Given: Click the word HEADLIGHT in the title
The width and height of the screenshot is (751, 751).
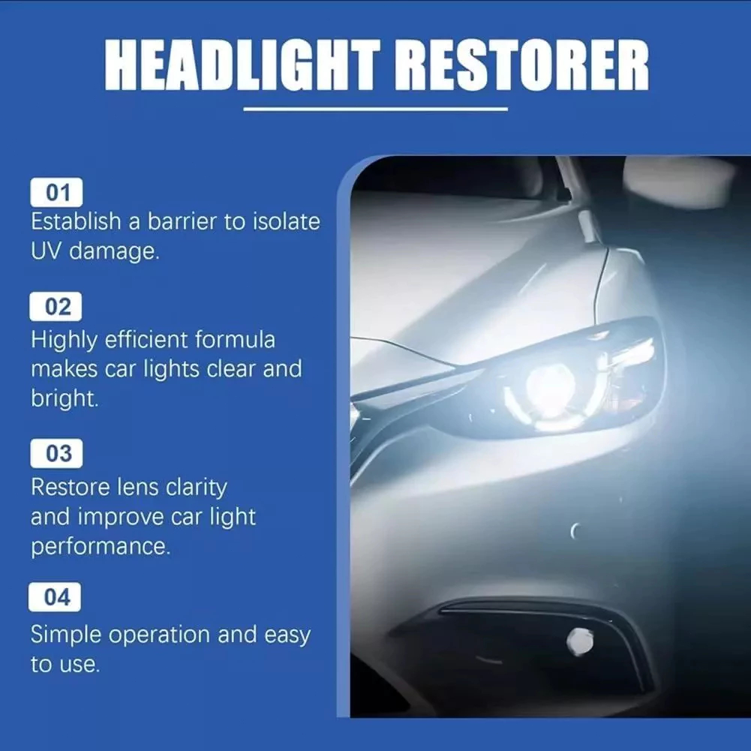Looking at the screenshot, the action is click(242, 65).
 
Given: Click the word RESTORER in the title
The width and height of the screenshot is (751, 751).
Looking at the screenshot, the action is click(521, 65).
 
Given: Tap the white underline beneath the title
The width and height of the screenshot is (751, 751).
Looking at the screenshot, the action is click(375, 110).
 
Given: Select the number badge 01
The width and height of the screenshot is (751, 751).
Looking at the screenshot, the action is click(56, 193).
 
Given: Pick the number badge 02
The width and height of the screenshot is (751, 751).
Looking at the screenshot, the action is click(56, 307).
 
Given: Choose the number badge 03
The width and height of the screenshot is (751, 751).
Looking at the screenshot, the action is click(56, 453).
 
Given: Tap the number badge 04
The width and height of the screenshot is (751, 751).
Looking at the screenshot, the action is click(55, 596).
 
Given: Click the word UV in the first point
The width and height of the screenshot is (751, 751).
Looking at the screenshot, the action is click(46, 251).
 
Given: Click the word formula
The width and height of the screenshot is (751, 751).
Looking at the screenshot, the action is click(235, 340).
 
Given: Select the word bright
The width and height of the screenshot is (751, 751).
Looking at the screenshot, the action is click(65, 399).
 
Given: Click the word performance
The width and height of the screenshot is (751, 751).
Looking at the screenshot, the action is click(101, 547).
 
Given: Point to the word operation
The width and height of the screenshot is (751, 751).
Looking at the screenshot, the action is click(160, 635).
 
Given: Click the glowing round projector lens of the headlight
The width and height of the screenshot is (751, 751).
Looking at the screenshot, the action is click(550, 388).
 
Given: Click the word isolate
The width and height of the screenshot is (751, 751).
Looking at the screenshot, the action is click(287, 221).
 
